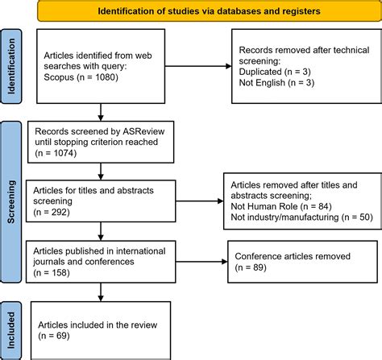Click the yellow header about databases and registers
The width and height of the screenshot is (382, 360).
click(x=197, y=12)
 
